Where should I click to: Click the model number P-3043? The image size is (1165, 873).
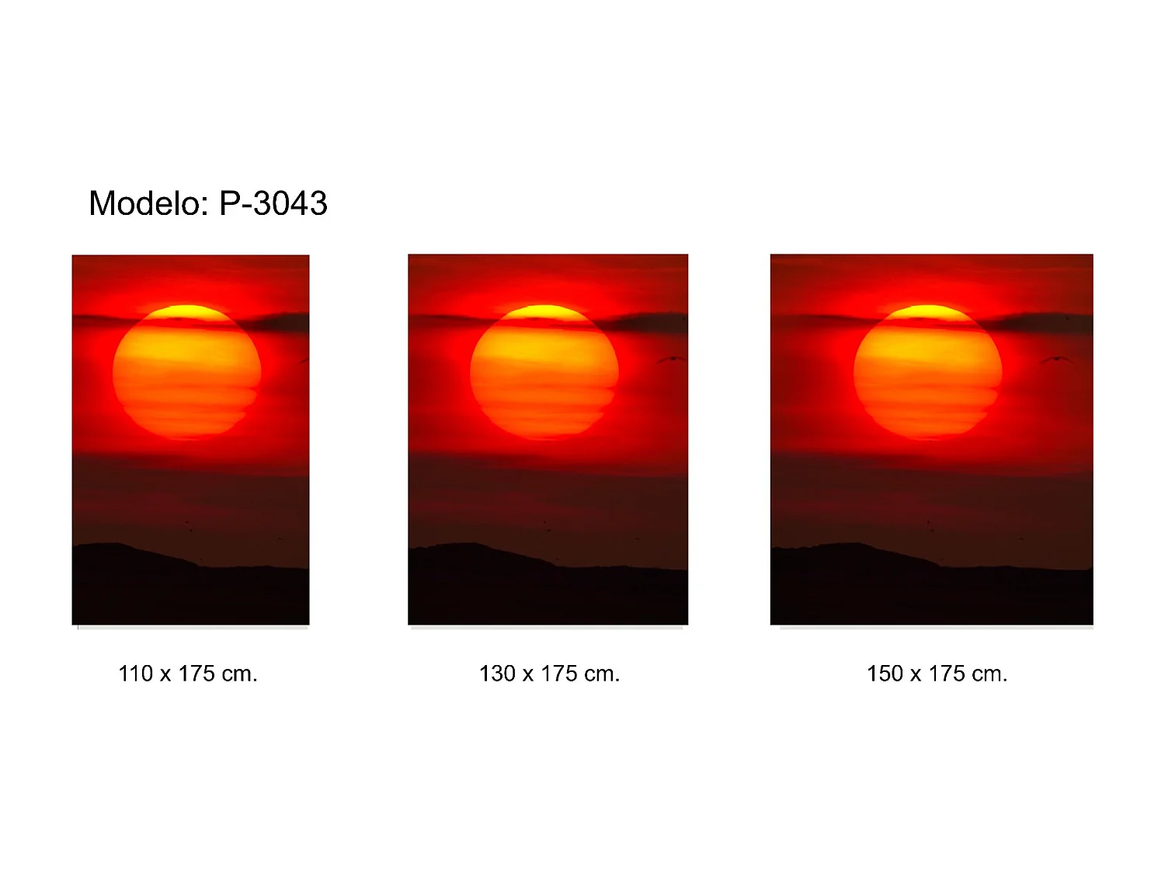point(273,203)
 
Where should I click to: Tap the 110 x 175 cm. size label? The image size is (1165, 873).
point(188,674)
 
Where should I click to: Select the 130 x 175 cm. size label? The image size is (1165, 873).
point(549,674)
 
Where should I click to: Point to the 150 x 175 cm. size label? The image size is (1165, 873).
point(937,674)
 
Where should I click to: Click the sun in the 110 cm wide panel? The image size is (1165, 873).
point(187,372)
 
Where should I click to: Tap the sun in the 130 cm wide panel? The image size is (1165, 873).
point(544,372)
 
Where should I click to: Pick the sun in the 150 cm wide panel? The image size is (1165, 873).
point(928,372)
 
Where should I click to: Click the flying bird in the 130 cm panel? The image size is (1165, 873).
point(670,359)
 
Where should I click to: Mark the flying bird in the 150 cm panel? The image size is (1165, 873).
point(1056,360)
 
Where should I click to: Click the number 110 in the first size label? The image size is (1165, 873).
point(135,674)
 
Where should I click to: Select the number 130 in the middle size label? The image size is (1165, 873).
point(497,674)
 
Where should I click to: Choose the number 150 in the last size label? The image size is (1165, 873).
point(885,674)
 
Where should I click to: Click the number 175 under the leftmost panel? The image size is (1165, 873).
point(196,674)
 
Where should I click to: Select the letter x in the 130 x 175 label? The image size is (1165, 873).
point(527,676)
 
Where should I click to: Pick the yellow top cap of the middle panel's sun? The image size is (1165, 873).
point(544,313)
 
